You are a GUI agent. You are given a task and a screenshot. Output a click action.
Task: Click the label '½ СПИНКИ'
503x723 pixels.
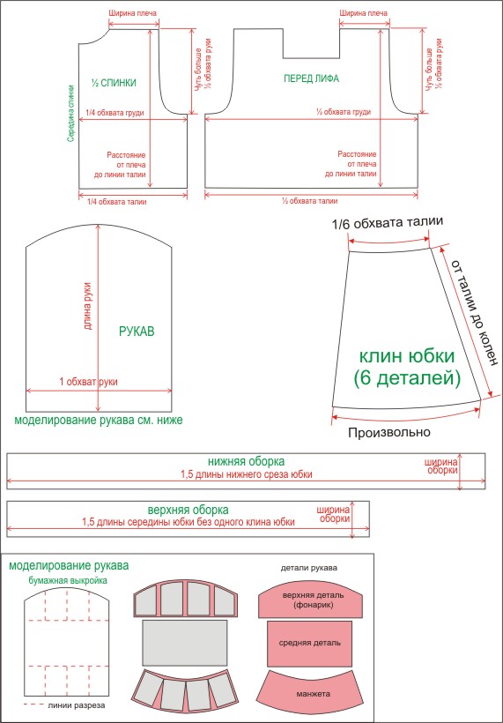(x=114, y=83)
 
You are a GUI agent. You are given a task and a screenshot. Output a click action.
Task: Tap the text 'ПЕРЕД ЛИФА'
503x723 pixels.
(x=311, y=78)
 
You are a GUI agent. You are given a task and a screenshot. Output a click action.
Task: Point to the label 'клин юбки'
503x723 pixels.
(x=407, y=356)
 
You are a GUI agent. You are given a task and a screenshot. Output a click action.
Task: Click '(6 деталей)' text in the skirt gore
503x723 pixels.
(x=408, y=379)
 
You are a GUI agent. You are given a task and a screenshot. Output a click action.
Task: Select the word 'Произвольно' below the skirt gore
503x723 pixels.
(x=389, y=432)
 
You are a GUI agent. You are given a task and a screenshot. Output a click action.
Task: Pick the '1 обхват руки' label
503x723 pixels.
(x=88, y=382)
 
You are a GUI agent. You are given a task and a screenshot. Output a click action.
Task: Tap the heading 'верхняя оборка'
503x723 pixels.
(x=189, y=510)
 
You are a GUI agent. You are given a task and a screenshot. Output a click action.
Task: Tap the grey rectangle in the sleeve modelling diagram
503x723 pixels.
(x=184, y=641)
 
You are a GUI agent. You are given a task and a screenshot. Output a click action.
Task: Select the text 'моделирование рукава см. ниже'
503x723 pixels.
(x=99, y=421)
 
